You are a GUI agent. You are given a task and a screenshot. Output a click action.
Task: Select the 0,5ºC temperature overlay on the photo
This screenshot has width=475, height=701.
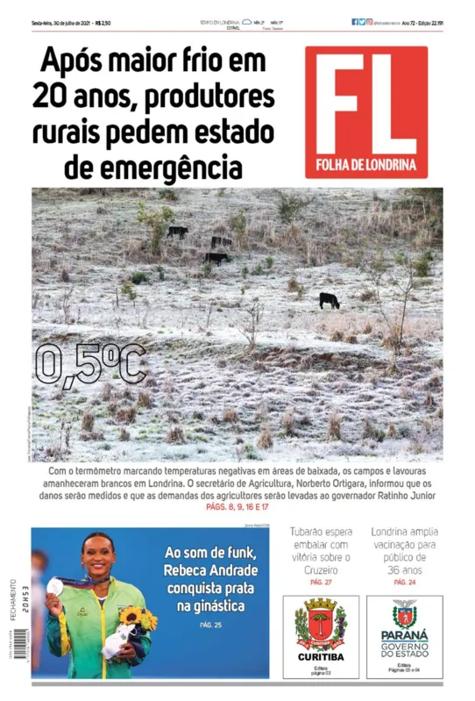[x=90, y=364]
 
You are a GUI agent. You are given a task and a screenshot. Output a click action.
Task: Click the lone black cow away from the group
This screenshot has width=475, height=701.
[x=330, y=300]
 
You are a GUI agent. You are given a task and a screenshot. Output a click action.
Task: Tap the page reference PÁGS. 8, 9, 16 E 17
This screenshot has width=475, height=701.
[x=237, y=507]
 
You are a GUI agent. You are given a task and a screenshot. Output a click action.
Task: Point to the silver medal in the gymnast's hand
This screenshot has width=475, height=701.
[x=55, y=585]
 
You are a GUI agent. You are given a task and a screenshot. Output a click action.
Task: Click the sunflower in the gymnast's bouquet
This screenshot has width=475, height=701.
[x=134, y=616]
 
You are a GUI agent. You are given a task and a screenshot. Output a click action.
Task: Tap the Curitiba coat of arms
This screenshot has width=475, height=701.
[x=321, y=623]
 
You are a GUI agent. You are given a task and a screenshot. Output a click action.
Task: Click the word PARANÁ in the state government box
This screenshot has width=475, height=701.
[x=404, y=635]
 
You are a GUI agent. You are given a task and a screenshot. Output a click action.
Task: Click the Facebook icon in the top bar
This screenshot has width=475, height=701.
[x=355, y=22]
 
